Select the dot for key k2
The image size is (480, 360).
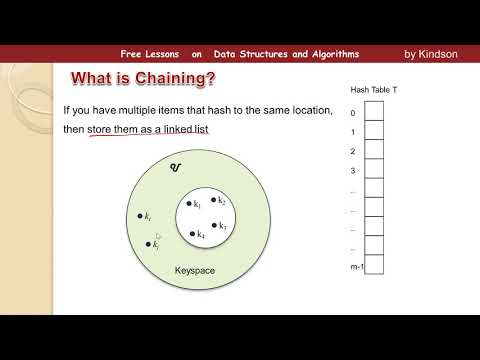pyautogui.click(x=215, y=200)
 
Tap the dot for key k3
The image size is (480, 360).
pyautogui.click(x=214, y=225)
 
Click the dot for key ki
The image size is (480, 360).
pyautogui.click(x=140, y=215)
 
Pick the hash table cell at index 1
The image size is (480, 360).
pyautogui.click(x=373, y=133)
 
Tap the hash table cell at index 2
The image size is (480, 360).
pyautogui.click(x=373, y=152)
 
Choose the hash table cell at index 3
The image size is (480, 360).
pyautogui.click(x=373, y=171)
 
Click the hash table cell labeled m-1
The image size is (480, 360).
pyautogui.click(x=373, y=267)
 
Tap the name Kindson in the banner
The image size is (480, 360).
pyautogui.click(x=439, y=54)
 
